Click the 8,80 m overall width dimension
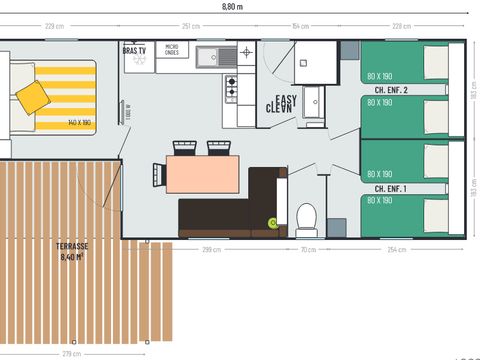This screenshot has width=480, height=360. point(231,6)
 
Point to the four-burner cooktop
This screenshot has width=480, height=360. point(231,89)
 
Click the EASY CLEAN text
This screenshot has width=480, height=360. point(280,104)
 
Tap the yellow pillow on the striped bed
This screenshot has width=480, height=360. point(33,96)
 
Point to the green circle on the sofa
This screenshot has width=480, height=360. point(270,222)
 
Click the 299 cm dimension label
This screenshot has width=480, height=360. point(211,249)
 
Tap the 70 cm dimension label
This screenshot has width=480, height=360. point(308,249)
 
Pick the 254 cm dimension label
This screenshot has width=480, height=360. point(395,249)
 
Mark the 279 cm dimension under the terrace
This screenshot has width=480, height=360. point(71,353)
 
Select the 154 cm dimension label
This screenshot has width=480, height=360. point(299,25)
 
